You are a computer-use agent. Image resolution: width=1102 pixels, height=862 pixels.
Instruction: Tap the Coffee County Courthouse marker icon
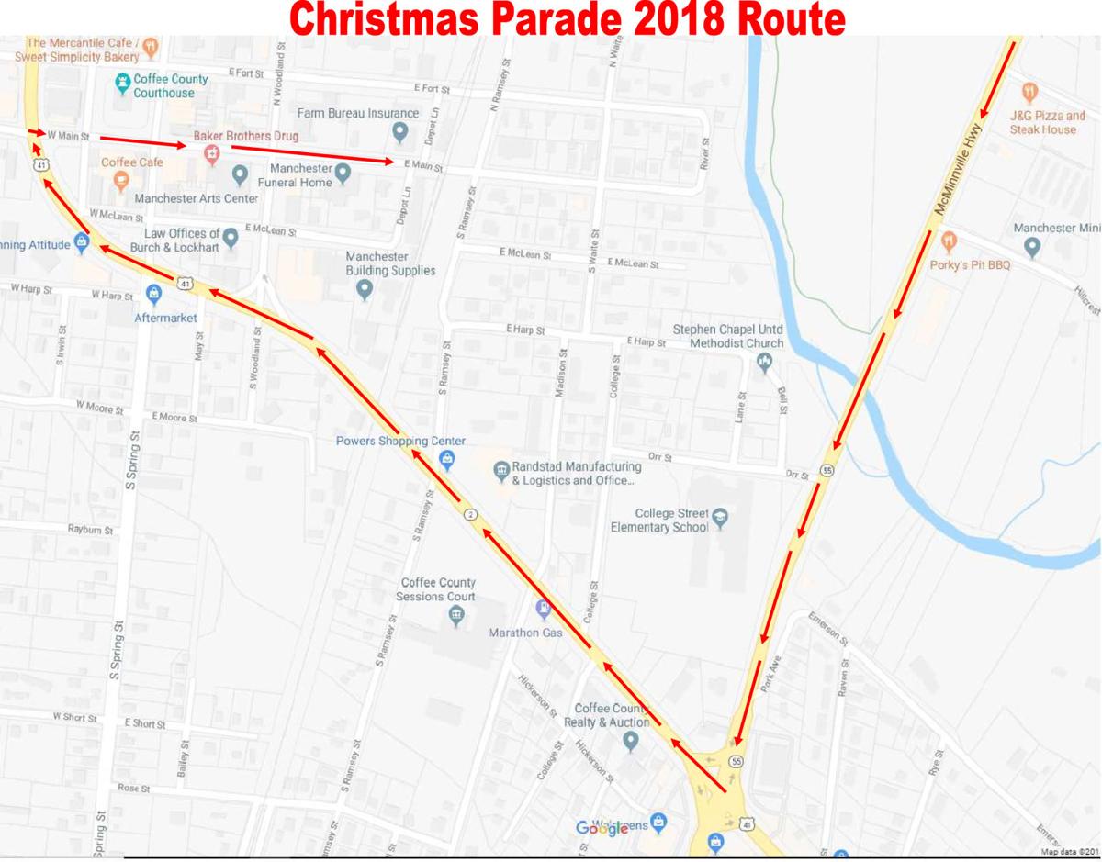point(122,85)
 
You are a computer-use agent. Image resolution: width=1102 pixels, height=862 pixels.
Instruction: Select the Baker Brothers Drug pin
point(212,153)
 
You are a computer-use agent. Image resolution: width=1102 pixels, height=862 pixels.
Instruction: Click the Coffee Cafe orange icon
point(120,181)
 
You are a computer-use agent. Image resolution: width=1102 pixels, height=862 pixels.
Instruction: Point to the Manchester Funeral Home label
point(301,175)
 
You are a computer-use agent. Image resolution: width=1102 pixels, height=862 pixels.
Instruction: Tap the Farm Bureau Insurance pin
point(399,132)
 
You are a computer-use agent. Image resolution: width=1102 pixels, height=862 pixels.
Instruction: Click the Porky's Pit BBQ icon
point(949,241)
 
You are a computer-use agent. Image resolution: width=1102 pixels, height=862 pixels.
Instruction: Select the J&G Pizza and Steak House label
point(1047,122)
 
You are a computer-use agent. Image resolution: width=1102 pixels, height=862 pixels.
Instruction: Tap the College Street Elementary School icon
point(720,517)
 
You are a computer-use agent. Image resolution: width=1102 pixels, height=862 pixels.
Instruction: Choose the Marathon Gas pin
point(543,609)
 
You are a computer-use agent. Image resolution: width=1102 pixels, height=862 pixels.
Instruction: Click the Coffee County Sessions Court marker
point(457,617)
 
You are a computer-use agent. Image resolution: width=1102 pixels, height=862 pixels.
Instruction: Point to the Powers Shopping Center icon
point(447,459)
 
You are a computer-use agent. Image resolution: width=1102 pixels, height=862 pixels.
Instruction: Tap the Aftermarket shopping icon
point(153,294)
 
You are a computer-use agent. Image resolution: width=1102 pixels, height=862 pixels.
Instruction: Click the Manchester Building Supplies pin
point(365,290)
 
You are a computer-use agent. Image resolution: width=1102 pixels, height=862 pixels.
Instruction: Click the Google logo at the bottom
point(602,828)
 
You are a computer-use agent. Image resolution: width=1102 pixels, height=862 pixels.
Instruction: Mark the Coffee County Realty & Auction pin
point(630,741)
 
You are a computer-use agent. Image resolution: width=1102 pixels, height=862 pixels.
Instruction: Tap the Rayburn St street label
point(90,530)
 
